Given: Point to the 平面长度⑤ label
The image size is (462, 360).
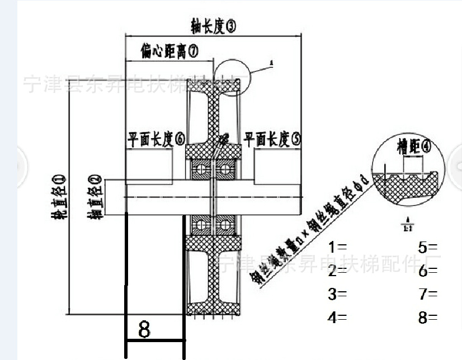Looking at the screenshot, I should (x=272, y=139).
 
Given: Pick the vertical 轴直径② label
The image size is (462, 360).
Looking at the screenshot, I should (x=96, y=196).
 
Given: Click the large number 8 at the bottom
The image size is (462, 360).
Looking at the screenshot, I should (x=144, y=329).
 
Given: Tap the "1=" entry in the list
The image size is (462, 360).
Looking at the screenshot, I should (x=337, y=247).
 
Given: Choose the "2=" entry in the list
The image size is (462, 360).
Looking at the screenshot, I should (x=337, y=271).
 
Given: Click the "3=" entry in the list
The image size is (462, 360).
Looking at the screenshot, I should (x=337, y=294).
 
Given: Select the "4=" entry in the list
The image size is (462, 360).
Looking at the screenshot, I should (x=337, y=318).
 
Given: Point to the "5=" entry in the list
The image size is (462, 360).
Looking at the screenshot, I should (x=428, y=247).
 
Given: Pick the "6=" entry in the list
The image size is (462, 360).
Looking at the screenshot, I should (x=428, y=271).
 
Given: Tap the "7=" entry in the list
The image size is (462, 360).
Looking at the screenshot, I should (x=428, y=294).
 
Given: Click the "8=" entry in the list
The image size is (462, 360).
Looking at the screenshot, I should (x=428, y=318).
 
